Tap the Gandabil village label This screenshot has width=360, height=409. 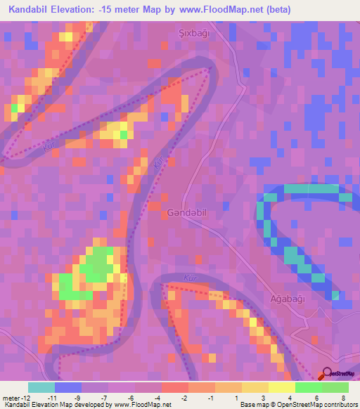pyautogui.click(x=187, y=212)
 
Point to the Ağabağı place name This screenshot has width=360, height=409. pyautogui.click(x=288, y=299)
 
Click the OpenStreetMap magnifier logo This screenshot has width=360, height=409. pyautogui.click(x=327, y=375)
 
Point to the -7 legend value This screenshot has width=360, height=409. pyautogui.click(x=104, y=398)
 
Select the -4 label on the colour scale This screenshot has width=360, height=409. pyautogui.click(x=158, y=398)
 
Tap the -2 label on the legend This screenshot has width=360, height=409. pyautogui.click(x=184, y=398)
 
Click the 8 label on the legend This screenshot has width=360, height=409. pyautogui.click(x=343, y=398)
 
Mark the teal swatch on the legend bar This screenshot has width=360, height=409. pyautogui.click(x=41, y=387)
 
